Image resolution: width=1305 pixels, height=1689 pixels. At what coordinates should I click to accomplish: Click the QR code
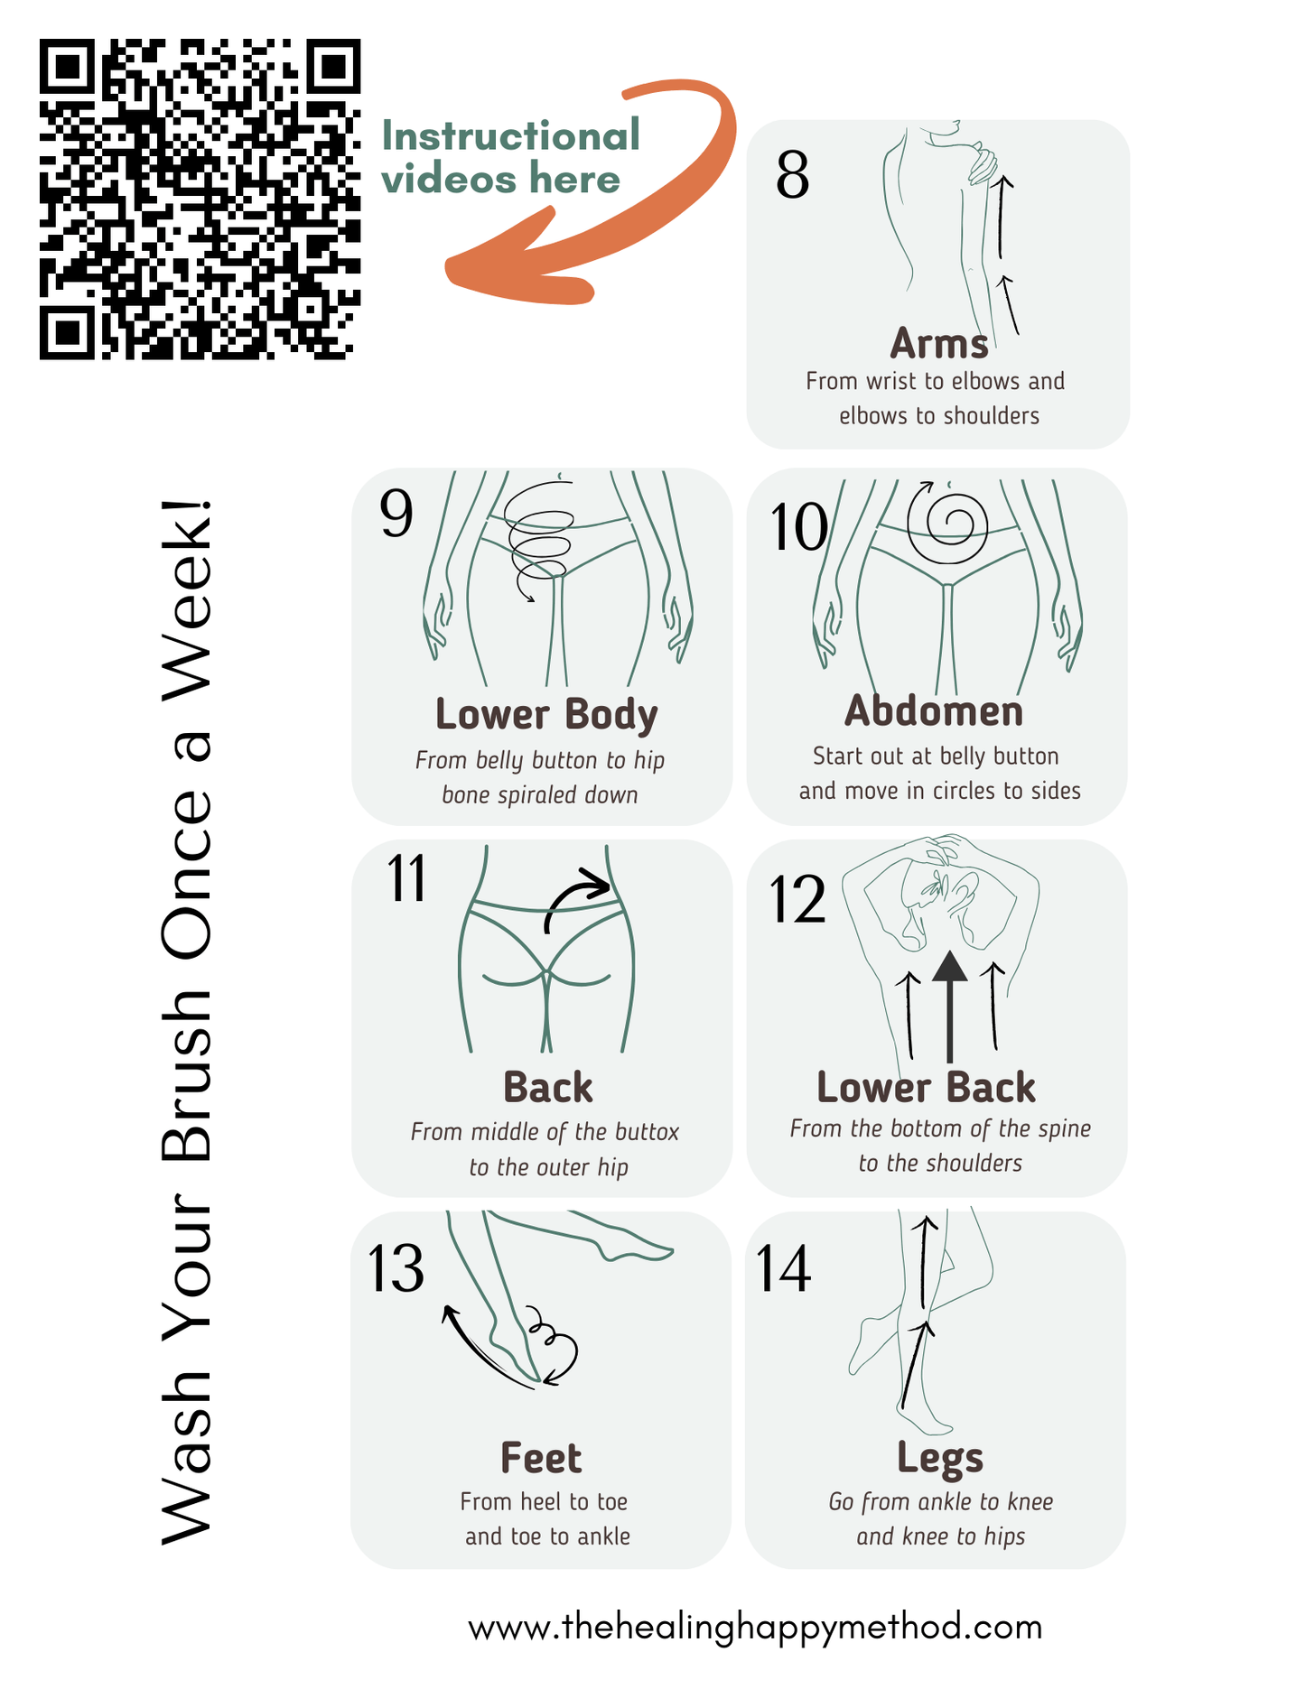[200, 199]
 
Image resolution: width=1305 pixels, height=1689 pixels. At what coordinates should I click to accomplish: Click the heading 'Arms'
[939, 344]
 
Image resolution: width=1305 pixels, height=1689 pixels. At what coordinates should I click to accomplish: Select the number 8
[792, 176]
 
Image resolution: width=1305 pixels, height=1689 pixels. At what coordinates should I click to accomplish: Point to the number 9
[396, 515]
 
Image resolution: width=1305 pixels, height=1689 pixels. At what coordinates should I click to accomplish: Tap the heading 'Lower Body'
[546, 714]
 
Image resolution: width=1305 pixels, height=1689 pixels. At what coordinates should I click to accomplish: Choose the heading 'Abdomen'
[934, 711]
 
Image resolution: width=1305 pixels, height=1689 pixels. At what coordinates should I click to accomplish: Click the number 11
[406, 879]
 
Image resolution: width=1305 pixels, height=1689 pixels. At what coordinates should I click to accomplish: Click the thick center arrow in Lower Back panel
[949, 1002]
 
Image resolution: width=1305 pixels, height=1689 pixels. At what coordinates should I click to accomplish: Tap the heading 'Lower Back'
[926, 1088]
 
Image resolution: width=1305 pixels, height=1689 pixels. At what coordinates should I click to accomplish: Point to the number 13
[396, 1269]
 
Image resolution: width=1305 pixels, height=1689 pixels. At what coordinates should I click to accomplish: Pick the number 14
[783, 1269]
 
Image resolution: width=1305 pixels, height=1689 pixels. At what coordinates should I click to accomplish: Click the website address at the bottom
[755, 1627]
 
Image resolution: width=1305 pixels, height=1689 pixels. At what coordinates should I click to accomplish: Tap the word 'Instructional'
[511, 136]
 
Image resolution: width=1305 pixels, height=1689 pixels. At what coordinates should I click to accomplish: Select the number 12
[797, 900]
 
